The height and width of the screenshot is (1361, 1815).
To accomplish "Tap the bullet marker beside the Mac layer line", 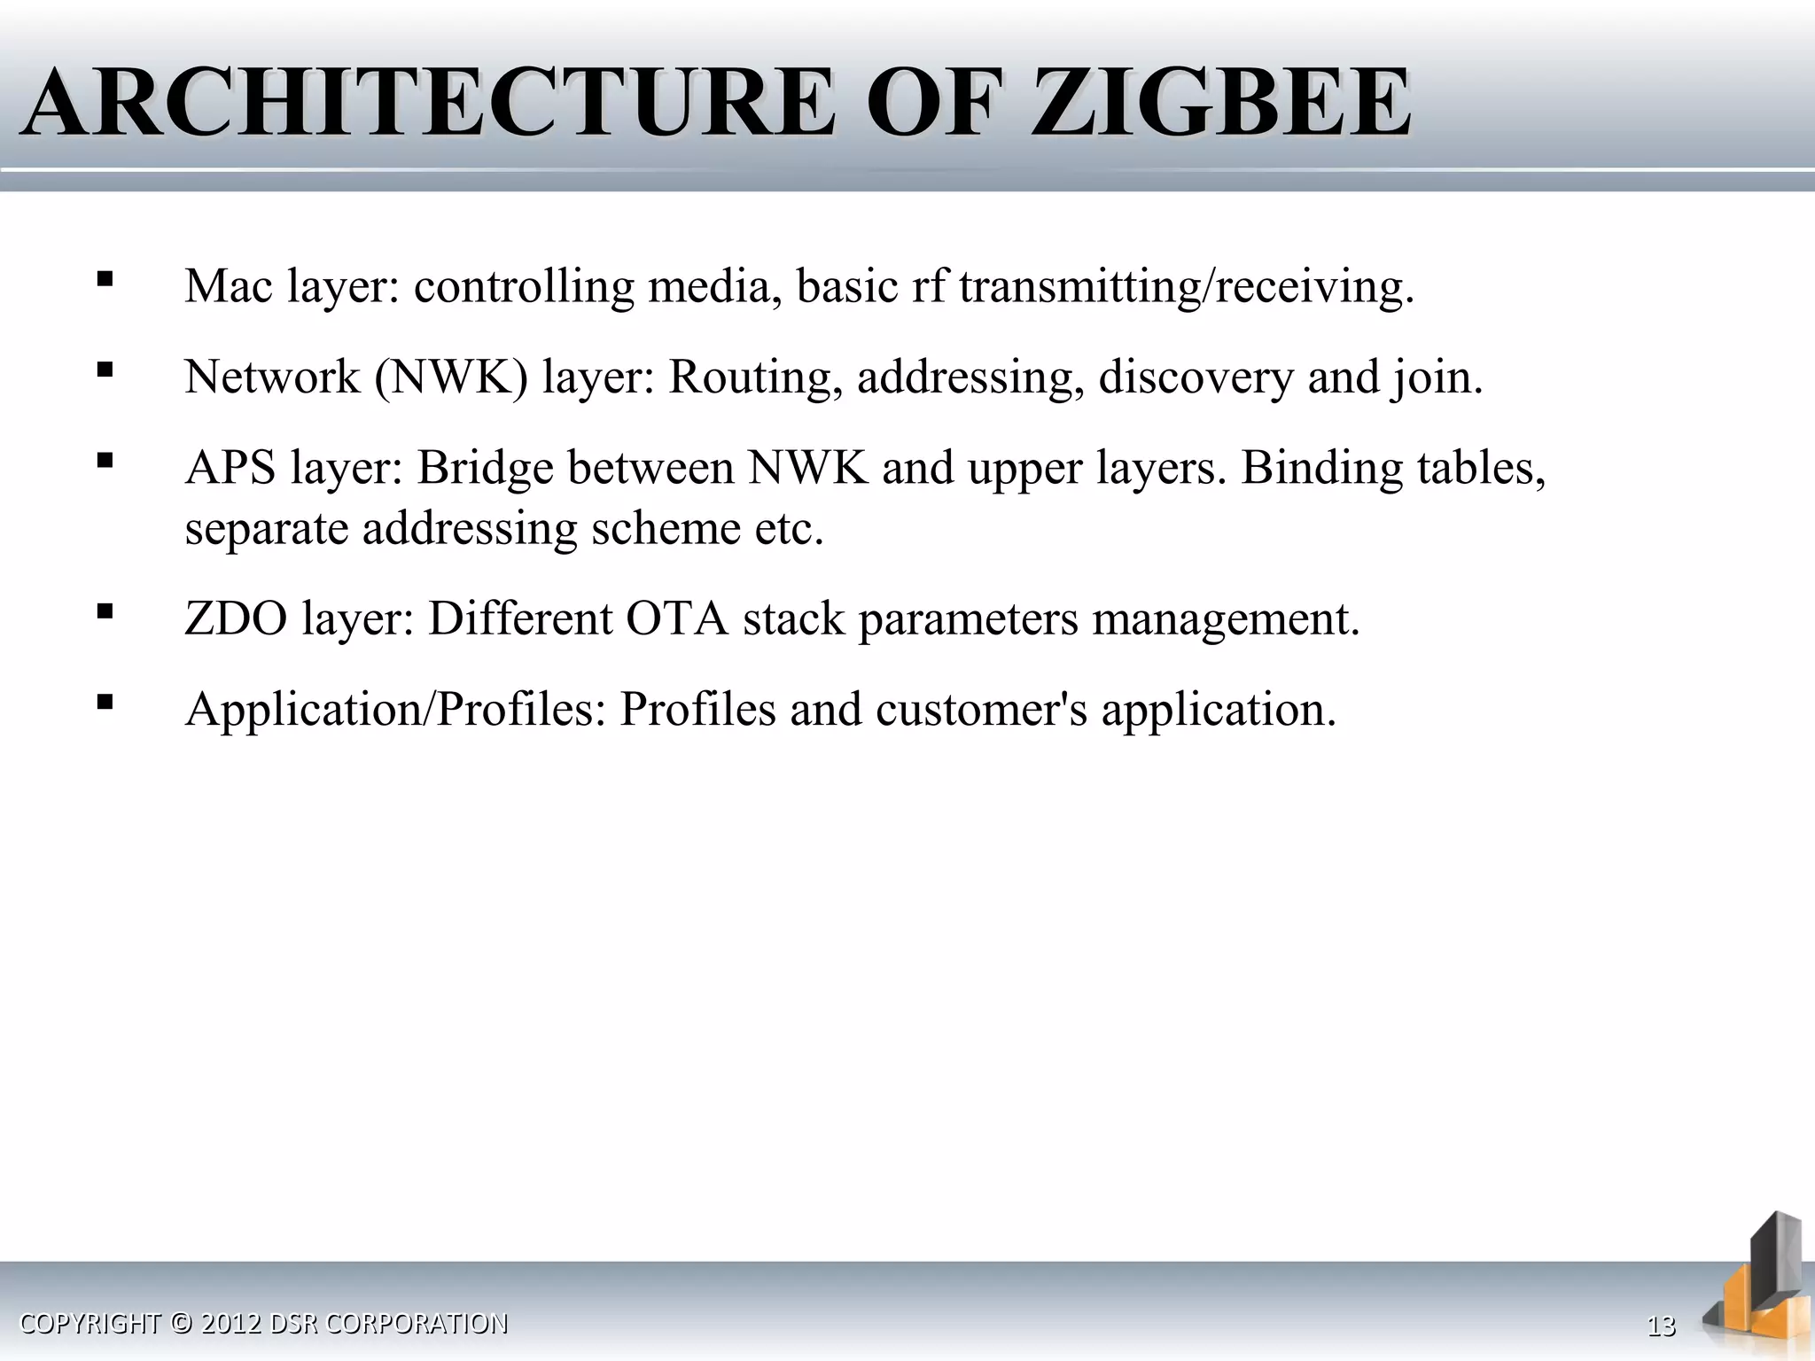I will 105,279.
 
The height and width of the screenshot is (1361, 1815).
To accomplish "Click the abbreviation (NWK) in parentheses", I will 451,377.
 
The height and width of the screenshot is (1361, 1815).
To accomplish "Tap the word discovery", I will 1196,377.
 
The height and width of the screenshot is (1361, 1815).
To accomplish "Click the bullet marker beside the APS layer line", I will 105,461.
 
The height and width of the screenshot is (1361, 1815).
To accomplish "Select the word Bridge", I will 485,468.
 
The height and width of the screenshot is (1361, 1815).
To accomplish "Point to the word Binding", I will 1321,468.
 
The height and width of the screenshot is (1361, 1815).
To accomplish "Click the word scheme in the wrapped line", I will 666,529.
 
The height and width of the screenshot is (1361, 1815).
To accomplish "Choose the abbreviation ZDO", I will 236,618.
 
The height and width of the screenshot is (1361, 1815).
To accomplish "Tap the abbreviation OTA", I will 677,618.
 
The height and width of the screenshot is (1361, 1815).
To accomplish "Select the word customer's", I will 981,710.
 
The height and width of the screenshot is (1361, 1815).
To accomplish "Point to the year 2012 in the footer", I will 230,1323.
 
